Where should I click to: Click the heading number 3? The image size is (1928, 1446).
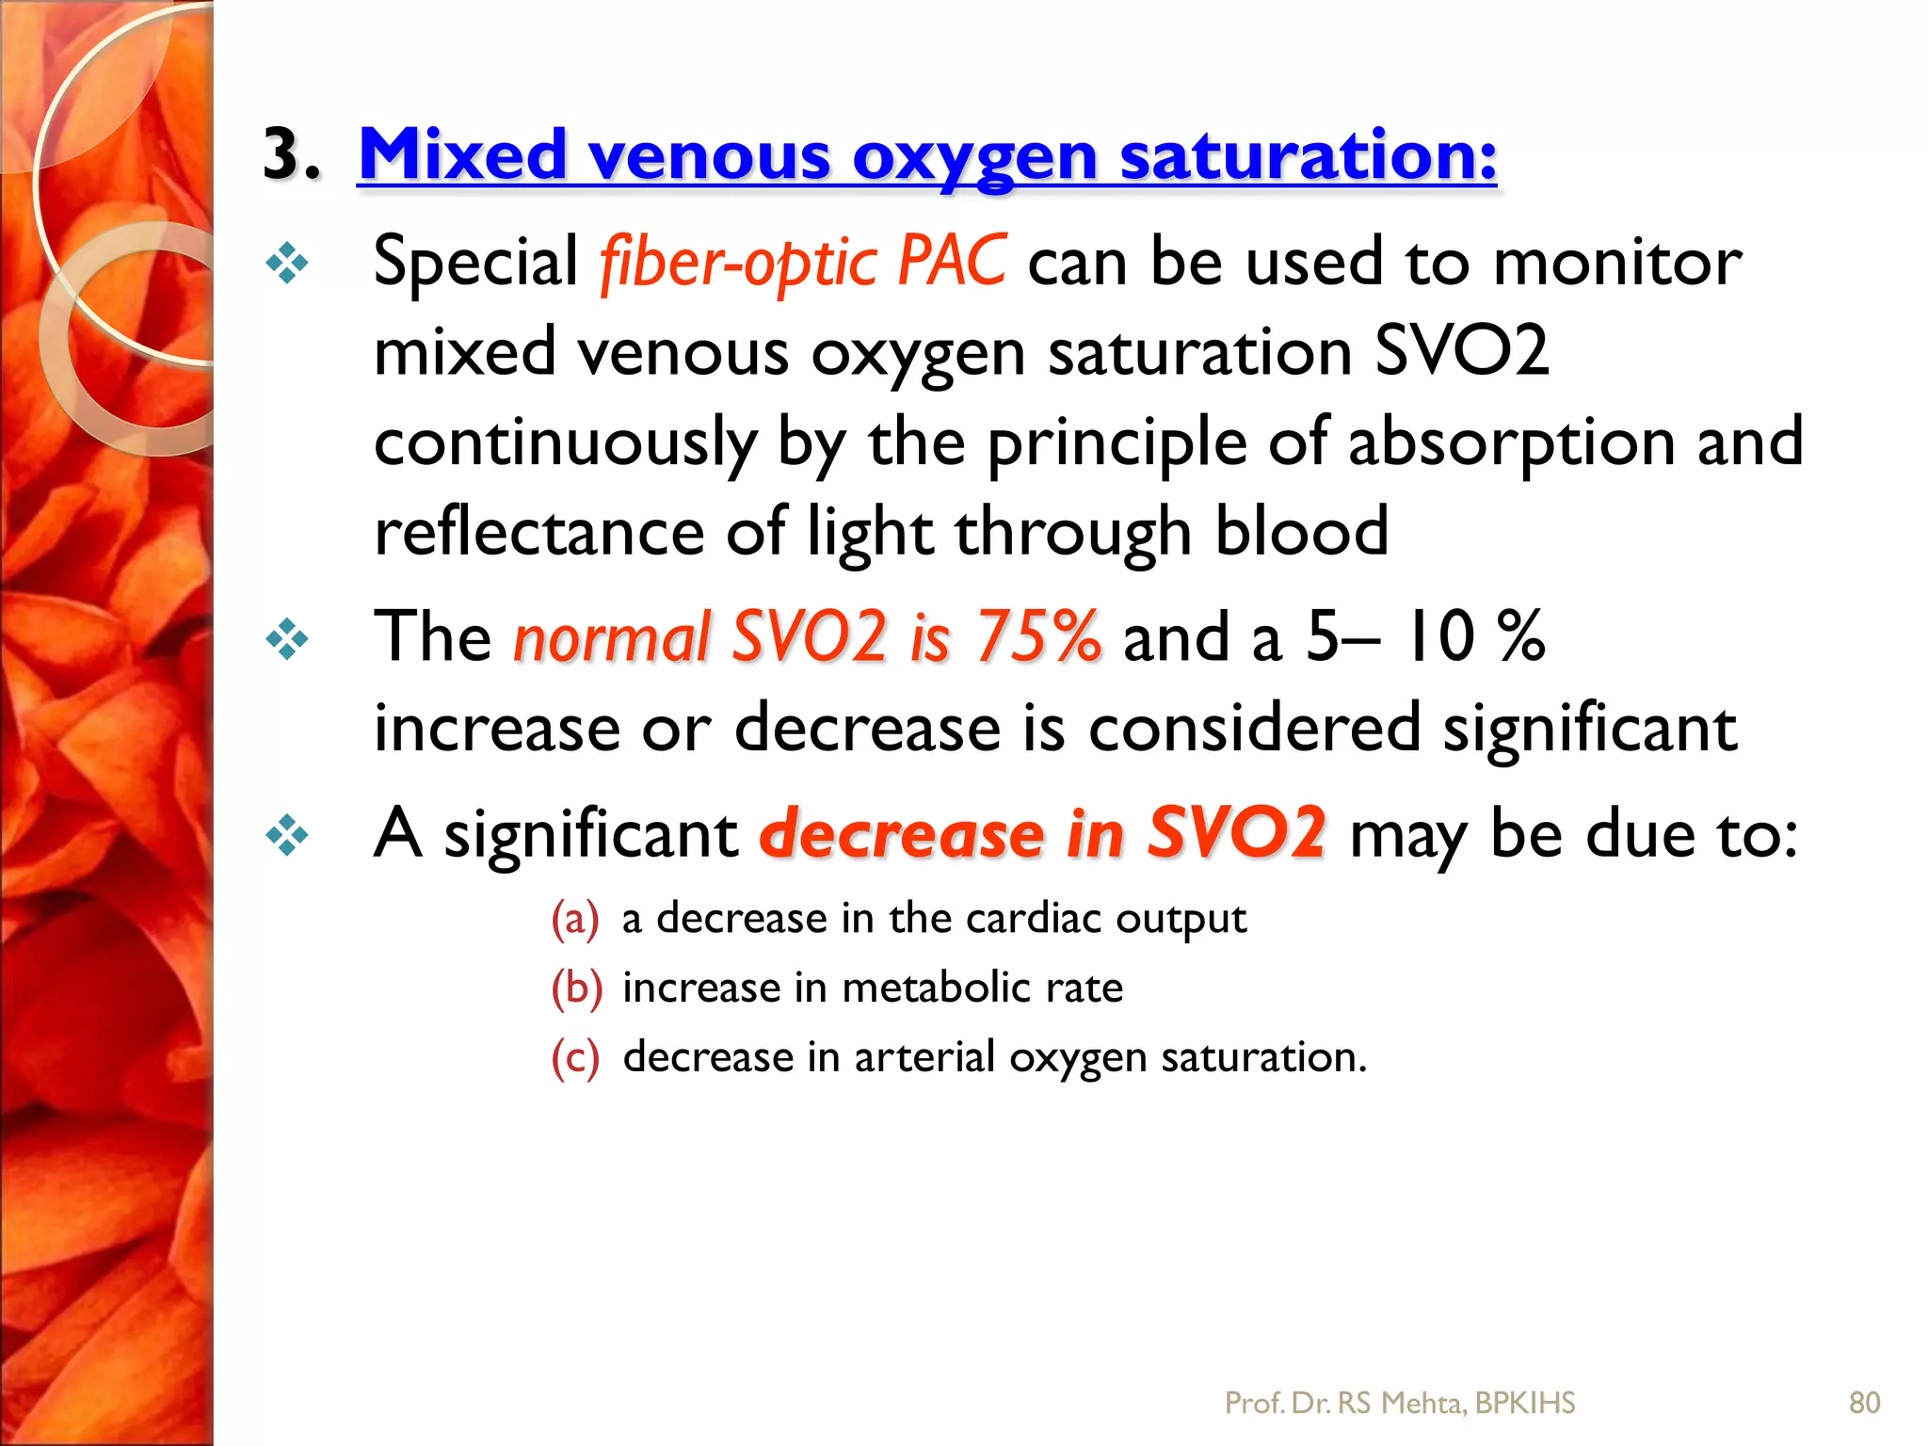(x=290, y=154)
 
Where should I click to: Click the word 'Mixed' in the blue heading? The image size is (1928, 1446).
(x=462, y=154)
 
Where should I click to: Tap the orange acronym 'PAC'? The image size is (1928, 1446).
(x=951, y=261)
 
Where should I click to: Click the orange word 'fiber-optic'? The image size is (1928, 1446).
(x=738, y=263)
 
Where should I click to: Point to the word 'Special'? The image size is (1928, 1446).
(x=475, y=261)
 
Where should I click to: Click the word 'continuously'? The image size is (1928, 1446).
(x=565, y=443)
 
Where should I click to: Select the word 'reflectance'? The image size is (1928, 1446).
(x=538, y=532)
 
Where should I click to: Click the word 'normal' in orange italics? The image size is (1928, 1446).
(x=611, y=637)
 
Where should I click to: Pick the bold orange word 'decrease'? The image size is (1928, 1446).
(x=901, y=834)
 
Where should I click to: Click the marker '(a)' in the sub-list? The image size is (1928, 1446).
(x=574, y=919)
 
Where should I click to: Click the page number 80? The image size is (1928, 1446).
(x=1864, y=1403)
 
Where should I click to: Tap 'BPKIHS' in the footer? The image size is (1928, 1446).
(x=1524, y=1403)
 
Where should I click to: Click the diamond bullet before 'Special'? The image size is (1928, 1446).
(x=286, y=264)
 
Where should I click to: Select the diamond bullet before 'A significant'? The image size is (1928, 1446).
(x=286, y=836)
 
